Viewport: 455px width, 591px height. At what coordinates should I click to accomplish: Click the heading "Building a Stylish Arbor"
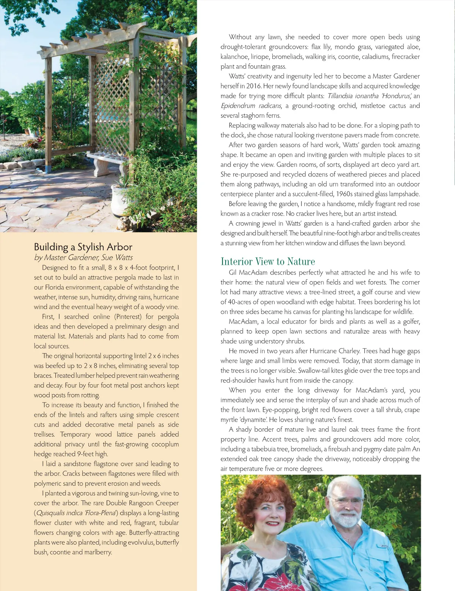coord(83,247)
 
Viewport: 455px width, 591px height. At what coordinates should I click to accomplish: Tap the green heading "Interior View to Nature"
coord(268,261)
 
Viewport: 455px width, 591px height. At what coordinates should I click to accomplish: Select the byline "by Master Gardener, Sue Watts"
coord(83,258)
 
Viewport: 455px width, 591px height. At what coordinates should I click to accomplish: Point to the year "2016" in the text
coord(254,86)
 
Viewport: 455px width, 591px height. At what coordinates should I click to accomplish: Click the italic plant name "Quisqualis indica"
coord(59,513)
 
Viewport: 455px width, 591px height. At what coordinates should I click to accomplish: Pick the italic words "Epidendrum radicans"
coord(251,106)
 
